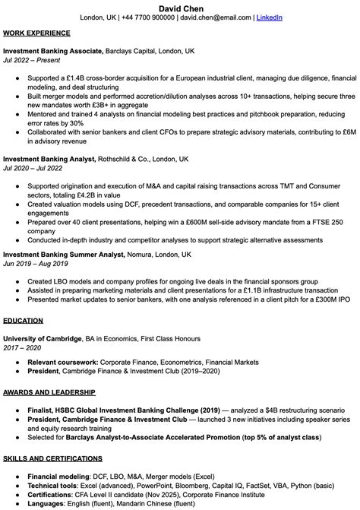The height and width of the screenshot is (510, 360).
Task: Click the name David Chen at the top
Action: tap(180, 7)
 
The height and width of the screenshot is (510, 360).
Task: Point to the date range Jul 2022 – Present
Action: tap(31, 59)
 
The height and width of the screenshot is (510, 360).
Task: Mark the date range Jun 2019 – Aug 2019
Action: tap(36, 264)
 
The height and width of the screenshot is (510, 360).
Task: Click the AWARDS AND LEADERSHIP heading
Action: tap(49, 391)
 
